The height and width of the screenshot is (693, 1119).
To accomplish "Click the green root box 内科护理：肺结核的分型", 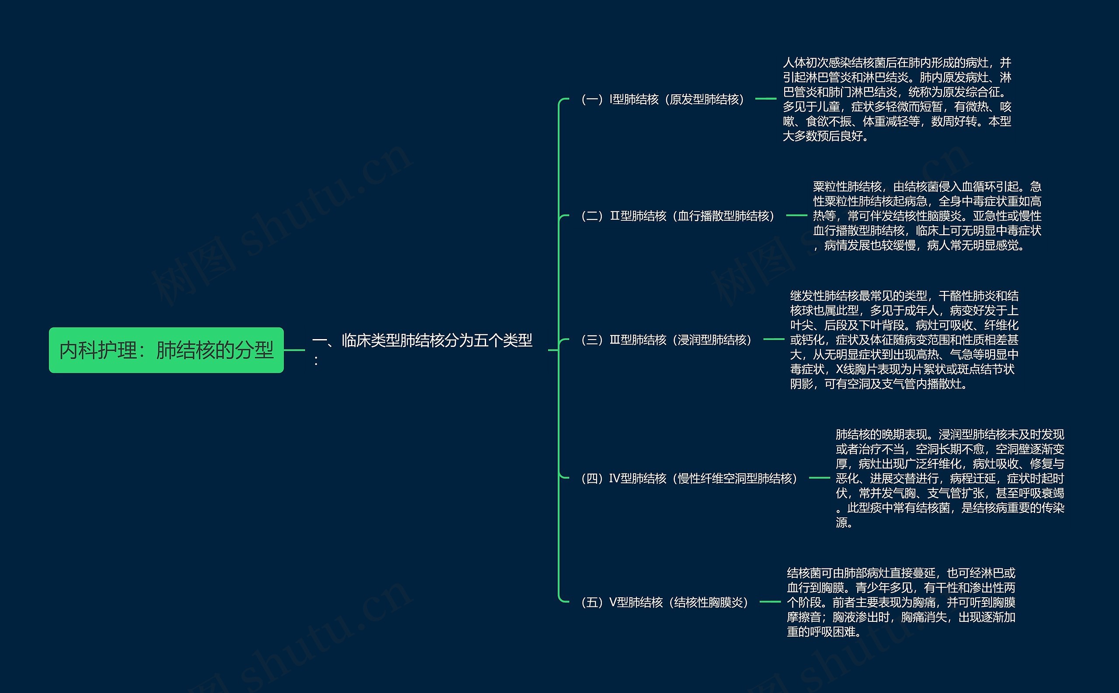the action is pos(166,350).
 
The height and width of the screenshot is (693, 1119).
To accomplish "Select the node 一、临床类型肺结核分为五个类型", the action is pos(422,341).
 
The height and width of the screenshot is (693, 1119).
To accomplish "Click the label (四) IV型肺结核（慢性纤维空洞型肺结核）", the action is pos(689,478).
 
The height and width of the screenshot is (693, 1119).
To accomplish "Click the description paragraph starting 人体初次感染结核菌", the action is pos(897,99).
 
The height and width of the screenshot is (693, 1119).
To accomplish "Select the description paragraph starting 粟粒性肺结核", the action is pos(927,216).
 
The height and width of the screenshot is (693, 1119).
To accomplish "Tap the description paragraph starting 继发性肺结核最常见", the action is pos(904,340).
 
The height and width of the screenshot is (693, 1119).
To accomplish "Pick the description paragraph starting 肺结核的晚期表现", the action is pos(949,478).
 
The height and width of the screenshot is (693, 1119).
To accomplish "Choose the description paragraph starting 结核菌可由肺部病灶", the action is pos(901,602).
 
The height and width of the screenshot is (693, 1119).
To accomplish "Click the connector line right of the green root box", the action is pos(294,350).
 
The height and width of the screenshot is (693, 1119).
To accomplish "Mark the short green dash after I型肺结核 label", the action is pos(765,99).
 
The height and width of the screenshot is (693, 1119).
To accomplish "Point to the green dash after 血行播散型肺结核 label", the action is pos(796,215).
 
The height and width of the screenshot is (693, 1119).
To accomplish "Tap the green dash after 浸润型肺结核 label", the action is pos(774,339).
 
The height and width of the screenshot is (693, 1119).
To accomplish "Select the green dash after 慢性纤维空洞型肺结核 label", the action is pos(819,478).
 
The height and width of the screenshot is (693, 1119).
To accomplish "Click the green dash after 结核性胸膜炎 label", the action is pos(770,602).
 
